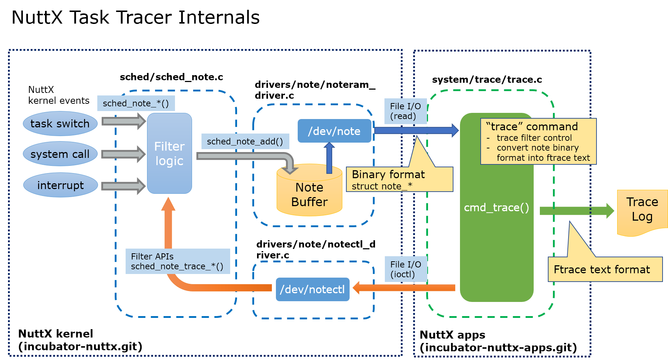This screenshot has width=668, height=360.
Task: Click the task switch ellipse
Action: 60,124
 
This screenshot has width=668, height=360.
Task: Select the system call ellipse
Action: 60,154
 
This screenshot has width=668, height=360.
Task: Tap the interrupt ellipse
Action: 60,185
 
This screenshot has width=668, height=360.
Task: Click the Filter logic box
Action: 169,154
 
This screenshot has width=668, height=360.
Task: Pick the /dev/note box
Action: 334,131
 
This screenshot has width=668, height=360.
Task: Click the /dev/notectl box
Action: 313,290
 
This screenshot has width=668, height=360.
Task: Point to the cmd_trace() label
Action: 496,208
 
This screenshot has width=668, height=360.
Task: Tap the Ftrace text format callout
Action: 605,269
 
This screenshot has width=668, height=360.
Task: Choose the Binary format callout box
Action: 399,179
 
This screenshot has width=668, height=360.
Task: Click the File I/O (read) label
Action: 406,111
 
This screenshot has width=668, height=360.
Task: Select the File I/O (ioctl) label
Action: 406,269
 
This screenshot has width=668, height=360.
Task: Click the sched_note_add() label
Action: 245,142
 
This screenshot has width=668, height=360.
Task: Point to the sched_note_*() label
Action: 136,103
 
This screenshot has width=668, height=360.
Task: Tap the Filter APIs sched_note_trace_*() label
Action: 178,261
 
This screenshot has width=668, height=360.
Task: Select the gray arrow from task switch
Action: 123,121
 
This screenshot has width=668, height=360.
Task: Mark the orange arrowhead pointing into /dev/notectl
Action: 357,288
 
